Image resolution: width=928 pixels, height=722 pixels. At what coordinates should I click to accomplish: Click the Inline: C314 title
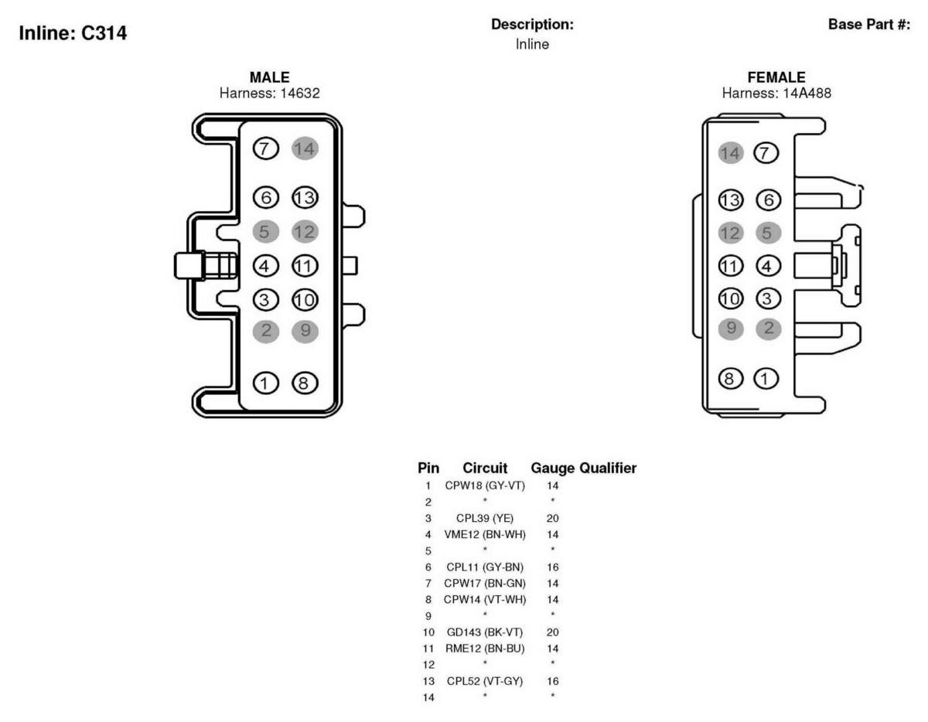click(x=73, y=33)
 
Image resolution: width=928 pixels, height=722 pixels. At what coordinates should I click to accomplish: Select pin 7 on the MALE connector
click(x=265, y=149)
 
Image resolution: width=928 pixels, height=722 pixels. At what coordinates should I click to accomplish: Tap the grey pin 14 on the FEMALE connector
click(x=731, y=153)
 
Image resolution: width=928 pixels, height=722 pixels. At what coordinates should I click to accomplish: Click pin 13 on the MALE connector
click(x=305, y=198)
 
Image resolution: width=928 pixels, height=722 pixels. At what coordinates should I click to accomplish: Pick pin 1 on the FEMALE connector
click(x=766, y=379)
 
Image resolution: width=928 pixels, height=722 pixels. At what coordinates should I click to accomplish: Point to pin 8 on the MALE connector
click(x=305, y=383)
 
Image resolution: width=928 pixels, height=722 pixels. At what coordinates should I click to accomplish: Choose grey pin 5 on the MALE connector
click(x=265, y=232)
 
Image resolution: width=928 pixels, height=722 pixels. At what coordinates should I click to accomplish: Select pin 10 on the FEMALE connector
click(x=731, y=298)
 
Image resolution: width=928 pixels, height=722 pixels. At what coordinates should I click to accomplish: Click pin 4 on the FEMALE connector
click(x=768, y=266)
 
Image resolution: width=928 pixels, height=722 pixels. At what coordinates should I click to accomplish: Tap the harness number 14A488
click(x=807, y=93)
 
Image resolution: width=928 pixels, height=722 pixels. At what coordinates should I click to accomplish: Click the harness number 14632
click(x=300, y=93)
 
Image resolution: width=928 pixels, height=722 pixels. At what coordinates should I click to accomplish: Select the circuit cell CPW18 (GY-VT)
click(x=485, y=485)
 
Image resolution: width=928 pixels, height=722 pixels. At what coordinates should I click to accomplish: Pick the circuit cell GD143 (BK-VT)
click(x=485, y=632)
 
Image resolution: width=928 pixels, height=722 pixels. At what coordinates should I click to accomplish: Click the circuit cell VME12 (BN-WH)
click(x=485, y=534)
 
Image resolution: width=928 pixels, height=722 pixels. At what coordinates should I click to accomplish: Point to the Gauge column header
click(x=553, y=468)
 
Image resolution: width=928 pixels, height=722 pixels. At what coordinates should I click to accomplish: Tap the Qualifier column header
click(x=608, y=468)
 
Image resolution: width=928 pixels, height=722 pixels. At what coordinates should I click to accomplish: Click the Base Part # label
click(x=869, y=24)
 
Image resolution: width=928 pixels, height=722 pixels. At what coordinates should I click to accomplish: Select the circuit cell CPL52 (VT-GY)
click(x=485, y=681)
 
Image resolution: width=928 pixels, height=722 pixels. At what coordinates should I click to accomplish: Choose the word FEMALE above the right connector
click(x=776, y=77)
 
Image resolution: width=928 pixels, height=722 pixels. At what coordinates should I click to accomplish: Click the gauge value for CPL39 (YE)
click(x=553, y=518)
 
